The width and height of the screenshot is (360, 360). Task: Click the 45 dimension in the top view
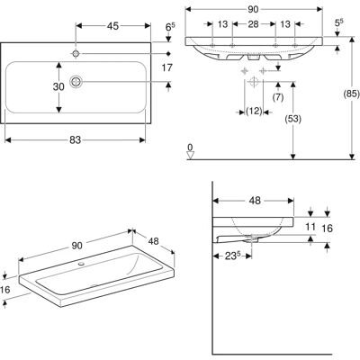click(112, 26)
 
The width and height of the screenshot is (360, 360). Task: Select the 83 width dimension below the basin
click(75, 139)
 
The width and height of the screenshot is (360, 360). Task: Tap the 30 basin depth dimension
click(58, 86)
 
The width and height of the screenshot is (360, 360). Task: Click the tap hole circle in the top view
click(76, 53)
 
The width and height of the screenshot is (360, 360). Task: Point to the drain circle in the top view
click(76, 81)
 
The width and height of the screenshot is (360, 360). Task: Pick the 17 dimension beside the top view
click(167, 68)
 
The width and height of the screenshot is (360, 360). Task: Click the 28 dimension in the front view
click(254, 24)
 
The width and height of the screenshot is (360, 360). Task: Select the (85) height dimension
click(351, 94)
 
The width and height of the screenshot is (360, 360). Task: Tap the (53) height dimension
click(293, 119)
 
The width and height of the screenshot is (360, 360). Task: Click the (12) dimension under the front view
click(254, 112)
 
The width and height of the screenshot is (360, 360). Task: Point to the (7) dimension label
click(278, 97)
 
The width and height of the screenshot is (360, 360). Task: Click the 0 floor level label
click(190, 148)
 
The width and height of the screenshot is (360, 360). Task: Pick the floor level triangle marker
click(191, 156)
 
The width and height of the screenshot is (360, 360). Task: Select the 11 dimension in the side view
click(310, 227)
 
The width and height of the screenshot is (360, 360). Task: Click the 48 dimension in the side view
click(255, 201)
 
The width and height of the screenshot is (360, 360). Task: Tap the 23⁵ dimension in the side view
click(233, 256)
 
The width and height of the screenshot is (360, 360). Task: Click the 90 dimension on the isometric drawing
click(76, 246)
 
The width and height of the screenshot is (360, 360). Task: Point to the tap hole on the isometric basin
click(81, 265)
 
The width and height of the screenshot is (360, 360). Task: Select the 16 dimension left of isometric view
click(5, 290)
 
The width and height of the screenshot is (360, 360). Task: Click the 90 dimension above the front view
click(253, 10)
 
